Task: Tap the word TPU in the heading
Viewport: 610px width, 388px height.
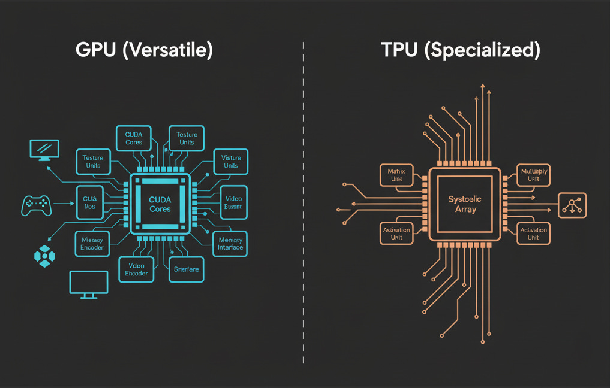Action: coord(400,50)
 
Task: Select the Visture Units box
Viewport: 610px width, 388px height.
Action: coord(230,162)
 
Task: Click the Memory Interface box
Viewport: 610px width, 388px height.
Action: coord(230,243)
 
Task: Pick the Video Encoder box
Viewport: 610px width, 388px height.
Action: coord(136,269)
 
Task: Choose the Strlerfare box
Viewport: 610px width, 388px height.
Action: coord(187,269)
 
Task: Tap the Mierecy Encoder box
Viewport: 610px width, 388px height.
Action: coord(92,243)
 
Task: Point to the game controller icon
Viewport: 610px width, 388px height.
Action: coord(37,205)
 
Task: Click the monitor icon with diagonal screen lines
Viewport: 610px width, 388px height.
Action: coord(44,150)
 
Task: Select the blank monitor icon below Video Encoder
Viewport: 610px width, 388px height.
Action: coord(89,284)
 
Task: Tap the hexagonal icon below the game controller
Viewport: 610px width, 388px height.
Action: coord(44,256)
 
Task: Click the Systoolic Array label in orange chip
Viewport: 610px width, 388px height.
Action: coord(465,204)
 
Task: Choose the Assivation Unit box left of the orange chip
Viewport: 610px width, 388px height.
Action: coord(396,232)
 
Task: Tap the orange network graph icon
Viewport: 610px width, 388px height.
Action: coord(572,205)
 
